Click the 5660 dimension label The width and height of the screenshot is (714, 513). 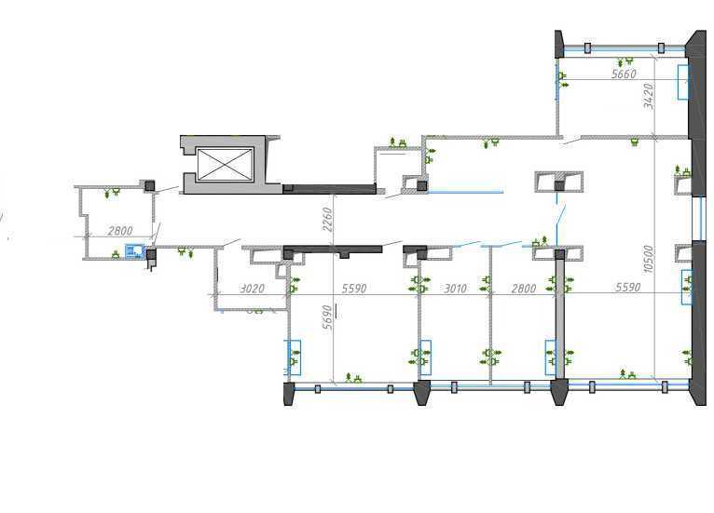click(x=624, y=74)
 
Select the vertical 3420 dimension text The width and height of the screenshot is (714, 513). click(x=649, y=96)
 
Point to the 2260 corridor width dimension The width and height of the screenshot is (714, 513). click(x=327, y=219)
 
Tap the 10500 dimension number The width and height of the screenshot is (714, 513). click(x=649, y=259)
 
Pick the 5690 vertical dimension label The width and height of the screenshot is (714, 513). click(x=327, y=317)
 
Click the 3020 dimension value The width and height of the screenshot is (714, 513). click(x=252, y=289)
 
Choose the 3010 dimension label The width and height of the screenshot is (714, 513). click(x=455, y=289)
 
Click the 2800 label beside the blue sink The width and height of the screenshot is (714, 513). click(x=120, y=231)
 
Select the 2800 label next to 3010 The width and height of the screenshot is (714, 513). click(x=524, y=289)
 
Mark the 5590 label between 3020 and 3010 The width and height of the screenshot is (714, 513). click(x=354, y=289)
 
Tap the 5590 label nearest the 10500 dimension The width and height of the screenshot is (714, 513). click(x=628, y=287)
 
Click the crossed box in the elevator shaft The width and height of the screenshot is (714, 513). click(x=225, y=164)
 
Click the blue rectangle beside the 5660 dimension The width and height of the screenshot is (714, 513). click(x=683, y=82)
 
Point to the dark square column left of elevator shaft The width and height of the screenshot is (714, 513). click(x=150, y=185)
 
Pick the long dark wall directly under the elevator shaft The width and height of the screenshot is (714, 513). click(x=329, y=189)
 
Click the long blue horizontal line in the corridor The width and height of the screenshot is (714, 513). click(x=465, y=192)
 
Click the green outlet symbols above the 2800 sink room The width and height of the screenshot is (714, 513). click(x=112, y=192)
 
